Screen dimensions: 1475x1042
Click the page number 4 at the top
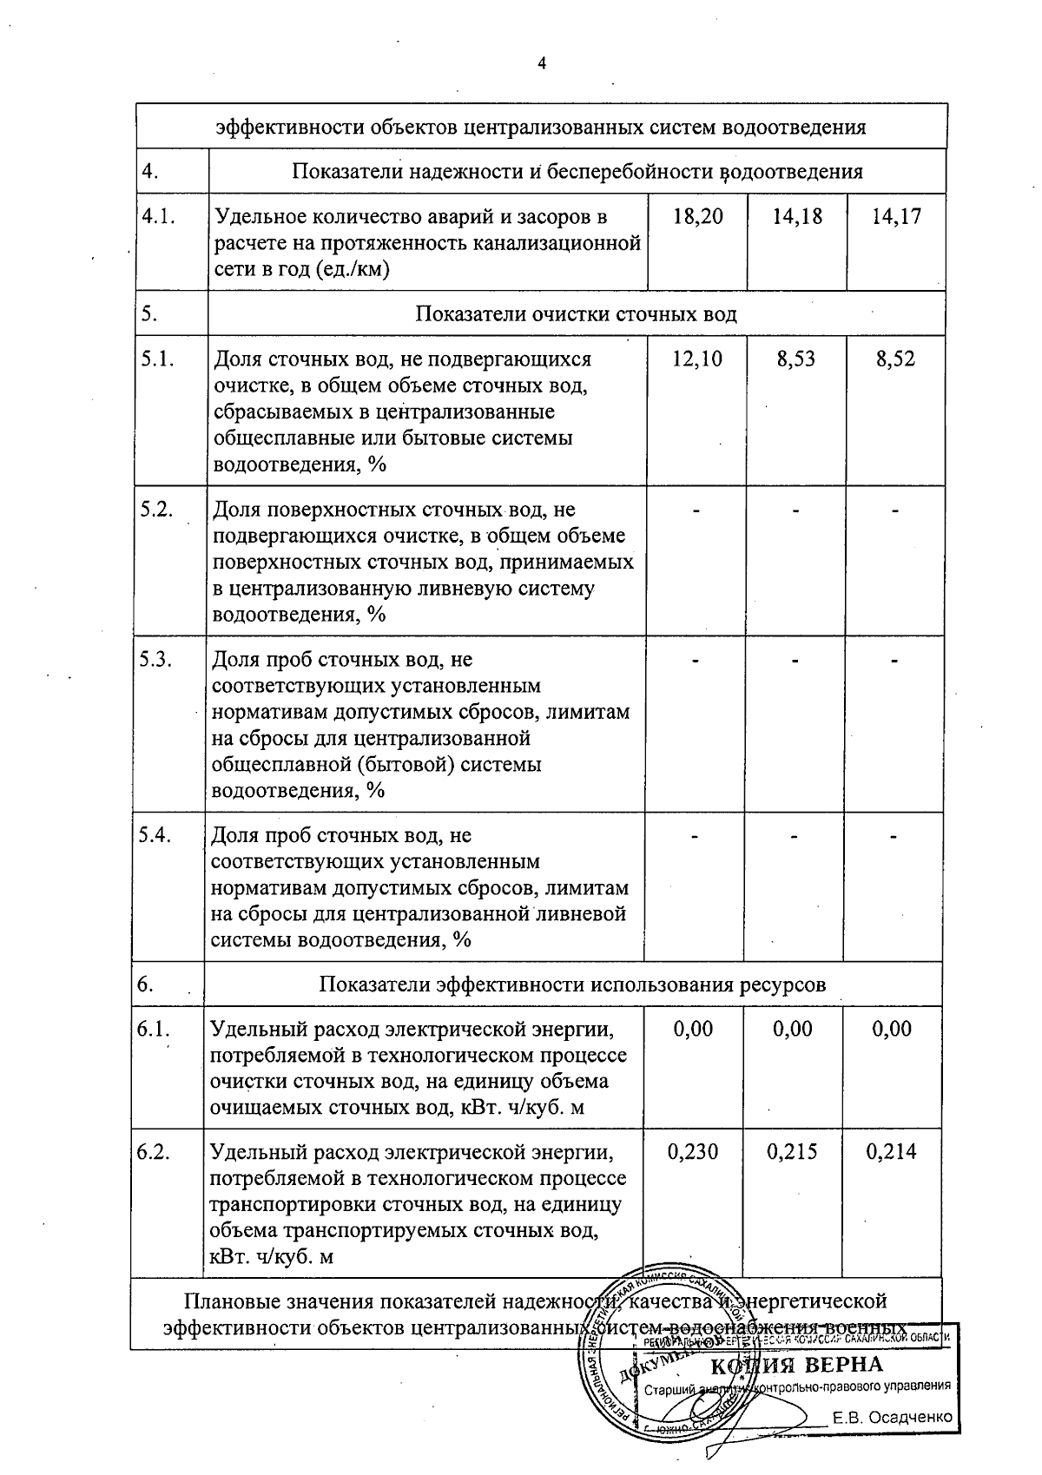(x=542, y=63)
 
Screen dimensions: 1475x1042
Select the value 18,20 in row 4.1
(x=697, y=216)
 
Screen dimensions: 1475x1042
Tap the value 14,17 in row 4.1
(x=896, y=216)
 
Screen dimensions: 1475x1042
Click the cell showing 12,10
(x=697, y=359)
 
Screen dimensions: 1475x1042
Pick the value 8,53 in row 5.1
(x=796, y=359)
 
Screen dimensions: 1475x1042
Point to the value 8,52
(x=896, y=359)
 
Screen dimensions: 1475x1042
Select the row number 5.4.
(x=157, y=835)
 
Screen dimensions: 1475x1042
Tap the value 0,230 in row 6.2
(x=693, y=1152)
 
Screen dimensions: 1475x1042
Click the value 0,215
(x=793, y=1152)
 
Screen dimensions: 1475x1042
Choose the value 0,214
(x=893, y=1152)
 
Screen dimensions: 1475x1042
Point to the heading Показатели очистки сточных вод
(x=577, y=313)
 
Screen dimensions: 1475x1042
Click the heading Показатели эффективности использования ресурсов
(x=572, y=984)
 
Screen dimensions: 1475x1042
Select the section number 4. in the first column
(x=149, y=171)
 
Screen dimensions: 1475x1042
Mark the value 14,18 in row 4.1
(x=797, y=216)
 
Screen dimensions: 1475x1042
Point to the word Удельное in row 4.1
(x=256, y=216)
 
